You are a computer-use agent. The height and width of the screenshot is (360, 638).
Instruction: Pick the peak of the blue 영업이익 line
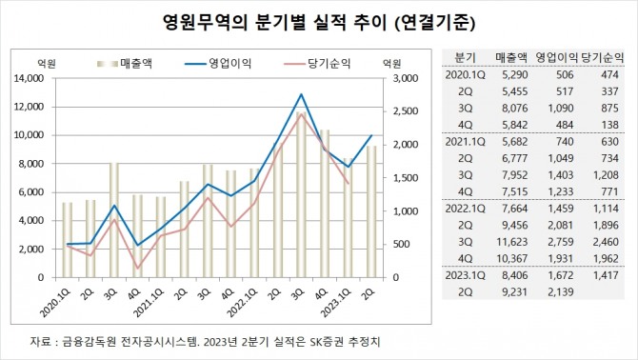[302, 94]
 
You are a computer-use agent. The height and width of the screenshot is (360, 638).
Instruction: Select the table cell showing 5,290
[512, 74]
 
